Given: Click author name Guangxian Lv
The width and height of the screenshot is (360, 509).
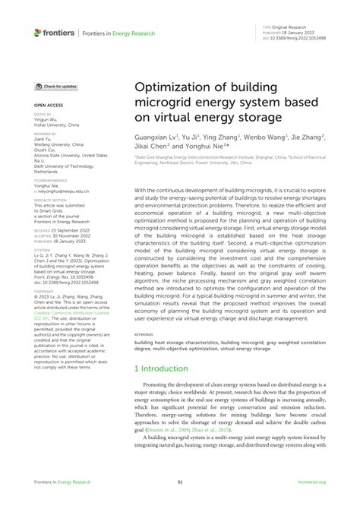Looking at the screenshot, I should click(x=156, y=138).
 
